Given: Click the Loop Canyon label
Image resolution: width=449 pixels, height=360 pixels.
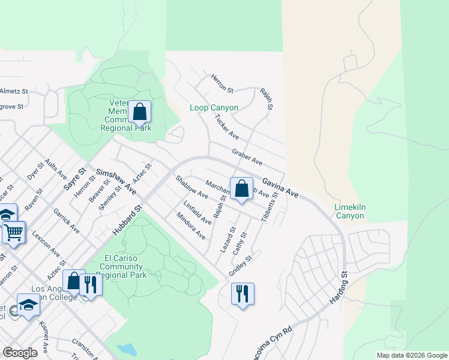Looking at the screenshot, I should click(214, 108).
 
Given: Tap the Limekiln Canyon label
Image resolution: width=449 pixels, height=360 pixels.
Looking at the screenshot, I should click(349, 212).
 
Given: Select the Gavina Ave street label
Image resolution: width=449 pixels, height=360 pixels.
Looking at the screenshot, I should click(280, 185).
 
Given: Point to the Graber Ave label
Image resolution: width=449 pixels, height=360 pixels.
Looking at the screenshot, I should click(248, 157).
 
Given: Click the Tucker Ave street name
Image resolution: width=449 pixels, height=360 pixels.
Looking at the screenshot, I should click(227, 127).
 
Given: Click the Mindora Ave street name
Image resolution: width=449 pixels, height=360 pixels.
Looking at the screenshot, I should click(191, 226).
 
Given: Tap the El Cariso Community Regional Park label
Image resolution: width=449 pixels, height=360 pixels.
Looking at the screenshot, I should click(122, 266).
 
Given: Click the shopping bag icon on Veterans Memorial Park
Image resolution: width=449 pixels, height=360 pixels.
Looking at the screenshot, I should click(140, 112).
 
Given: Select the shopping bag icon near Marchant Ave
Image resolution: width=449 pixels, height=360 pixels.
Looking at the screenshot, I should click(241, 189).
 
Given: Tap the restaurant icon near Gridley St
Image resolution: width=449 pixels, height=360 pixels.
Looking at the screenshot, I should click(243, 294).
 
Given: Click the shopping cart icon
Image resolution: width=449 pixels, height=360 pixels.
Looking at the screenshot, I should click(14, 232).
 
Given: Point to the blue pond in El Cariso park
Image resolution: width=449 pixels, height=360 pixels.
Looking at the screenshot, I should click(127, 349).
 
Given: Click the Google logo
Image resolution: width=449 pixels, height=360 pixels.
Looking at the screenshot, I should click(20, 353).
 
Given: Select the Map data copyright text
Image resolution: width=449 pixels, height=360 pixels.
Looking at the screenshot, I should click(412, 355).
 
